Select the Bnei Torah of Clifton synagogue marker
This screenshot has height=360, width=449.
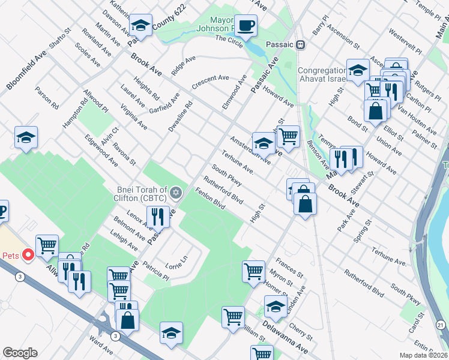tap(176, 193)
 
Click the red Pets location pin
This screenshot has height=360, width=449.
tap(26, 255)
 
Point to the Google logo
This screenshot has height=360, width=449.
tap(20, 352)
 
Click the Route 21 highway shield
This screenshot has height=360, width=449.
tap(441, 325)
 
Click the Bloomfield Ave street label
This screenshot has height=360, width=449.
tap(26, 70)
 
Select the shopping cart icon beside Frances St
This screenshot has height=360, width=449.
tap(254, 271)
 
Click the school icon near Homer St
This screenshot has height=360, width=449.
tap(276, 307)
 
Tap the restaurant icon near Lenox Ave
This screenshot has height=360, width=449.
tap(158, 217)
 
